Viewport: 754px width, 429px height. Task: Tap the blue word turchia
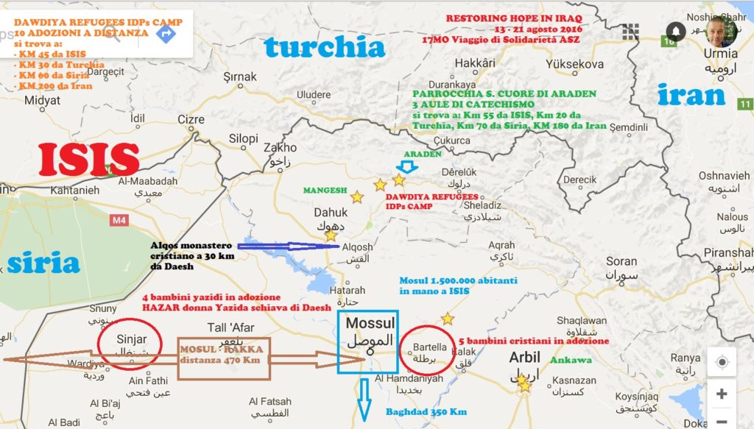click(325, 47)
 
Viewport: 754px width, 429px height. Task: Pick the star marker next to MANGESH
click(356, 197)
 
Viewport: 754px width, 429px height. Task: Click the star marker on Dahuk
click(331, 235)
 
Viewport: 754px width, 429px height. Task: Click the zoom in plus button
click(721, 393)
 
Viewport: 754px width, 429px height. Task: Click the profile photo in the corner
click(721, 32)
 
